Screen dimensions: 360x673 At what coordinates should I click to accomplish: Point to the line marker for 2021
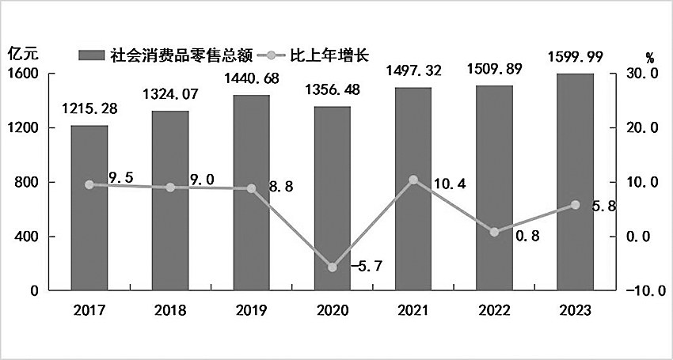click(x=413, y=180)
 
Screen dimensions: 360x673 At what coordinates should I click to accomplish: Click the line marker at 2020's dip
click(x=332, y=267)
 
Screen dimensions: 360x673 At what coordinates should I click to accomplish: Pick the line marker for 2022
click(x=494, y=232)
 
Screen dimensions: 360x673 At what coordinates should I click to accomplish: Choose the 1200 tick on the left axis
click(x=24, y=128)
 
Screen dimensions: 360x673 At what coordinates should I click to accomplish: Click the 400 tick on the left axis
click(x=28, y=237)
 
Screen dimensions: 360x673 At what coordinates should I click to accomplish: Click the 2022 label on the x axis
click(x=494, y=310)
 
